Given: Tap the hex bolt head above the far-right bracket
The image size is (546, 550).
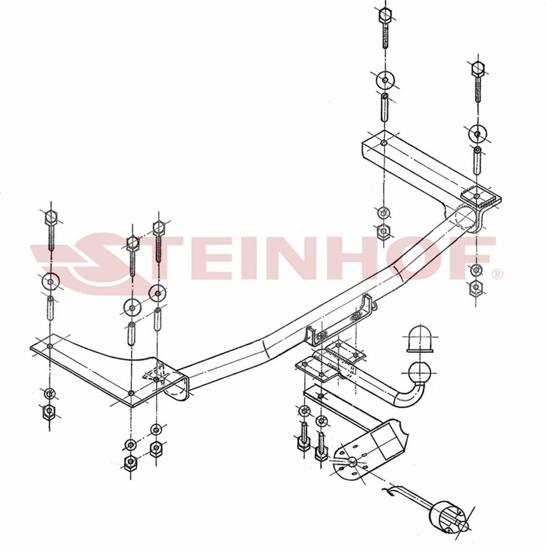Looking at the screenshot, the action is coord(477,68).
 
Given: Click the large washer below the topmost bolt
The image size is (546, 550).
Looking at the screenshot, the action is coord(385,80).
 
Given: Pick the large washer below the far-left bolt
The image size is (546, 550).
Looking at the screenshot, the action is coord(50,282).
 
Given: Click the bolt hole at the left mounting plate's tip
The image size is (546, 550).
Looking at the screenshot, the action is coord(50,346).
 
